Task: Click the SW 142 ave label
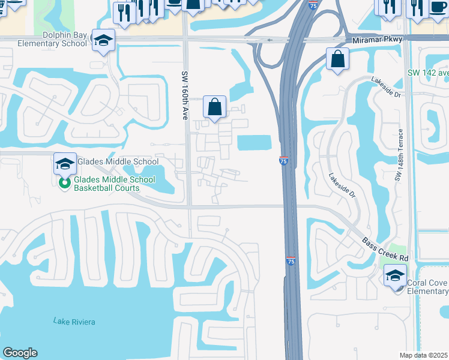click(427, 73)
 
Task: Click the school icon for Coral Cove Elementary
click(396, 277)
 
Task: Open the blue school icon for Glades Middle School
click(65, 163)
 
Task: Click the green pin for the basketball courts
click(65, 183)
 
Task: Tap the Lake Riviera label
click(74, 322)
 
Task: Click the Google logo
click(19, 353)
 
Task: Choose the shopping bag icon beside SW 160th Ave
click(214, 107)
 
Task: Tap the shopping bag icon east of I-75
click(338, 59)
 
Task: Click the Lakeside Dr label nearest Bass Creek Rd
click(342, 186)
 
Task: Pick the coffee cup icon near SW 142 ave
click(437, 5)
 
